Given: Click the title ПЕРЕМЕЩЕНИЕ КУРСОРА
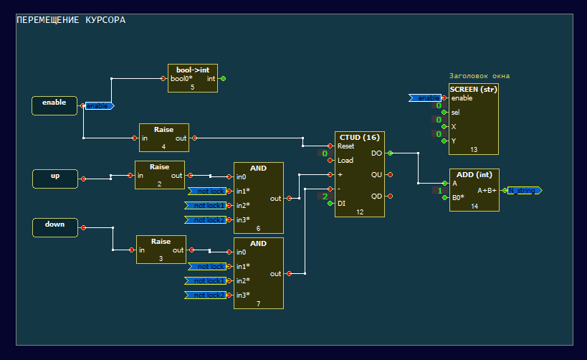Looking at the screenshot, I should coord(70,20).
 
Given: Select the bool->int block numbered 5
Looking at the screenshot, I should coord(192,78).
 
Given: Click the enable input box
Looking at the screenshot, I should coord(54,105).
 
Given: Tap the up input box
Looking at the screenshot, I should coord(55,179).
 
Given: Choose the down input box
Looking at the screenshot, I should coord(55,227).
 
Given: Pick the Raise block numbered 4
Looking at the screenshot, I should coord(164,137).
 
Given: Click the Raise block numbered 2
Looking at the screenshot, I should coord(159,174).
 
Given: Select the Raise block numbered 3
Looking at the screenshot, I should coord(161,249).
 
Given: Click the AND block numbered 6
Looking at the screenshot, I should coord(258,197).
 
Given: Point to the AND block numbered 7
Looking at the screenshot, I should coord(258,273).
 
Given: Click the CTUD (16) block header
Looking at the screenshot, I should coord(360,137).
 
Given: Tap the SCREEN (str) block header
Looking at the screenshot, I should coord(473,89).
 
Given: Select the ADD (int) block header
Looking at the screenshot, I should coord(474,174).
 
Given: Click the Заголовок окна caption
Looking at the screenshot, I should coord(479,75).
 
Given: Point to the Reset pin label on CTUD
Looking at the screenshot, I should coord(346,146).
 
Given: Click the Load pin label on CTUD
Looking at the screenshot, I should coord(345,161).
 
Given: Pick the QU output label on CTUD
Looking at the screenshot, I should coord(376,174).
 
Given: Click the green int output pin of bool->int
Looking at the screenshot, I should coord(224,79).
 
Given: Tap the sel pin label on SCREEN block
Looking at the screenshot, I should coord(455,113).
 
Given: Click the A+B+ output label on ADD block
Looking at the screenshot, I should coord(487,190).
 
